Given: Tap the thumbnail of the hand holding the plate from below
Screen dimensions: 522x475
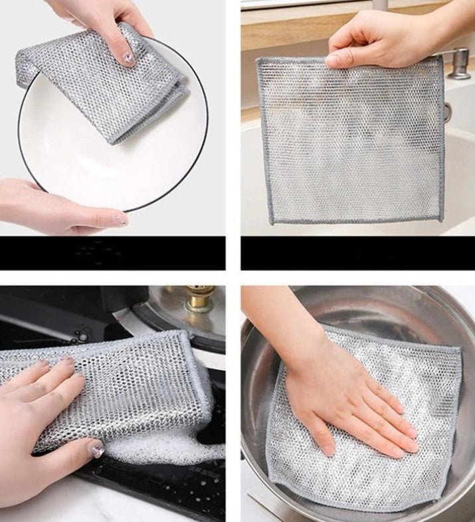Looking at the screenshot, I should click(x=120, y=219).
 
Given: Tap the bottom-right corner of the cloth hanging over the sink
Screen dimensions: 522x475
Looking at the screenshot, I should click(x=439, y=218).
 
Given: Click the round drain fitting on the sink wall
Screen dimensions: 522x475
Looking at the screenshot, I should click(x=449, y=110).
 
